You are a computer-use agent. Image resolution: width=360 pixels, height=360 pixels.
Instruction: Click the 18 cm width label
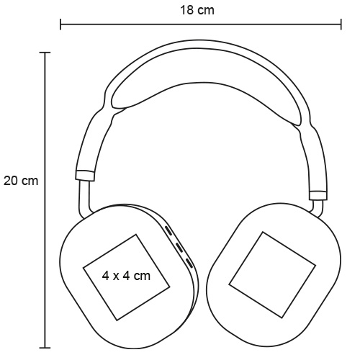click(x=197, y=10)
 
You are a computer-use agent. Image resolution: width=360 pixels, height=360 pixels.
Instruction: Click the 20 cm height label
click(x=21, y=181)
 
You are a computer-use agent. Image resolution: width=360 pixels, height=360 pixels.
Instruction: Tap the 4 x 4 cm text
click(x=126, y=276)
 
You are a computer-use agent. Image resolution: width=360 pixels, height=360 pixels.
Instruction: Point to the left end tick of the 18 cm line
click(x=60, y=24)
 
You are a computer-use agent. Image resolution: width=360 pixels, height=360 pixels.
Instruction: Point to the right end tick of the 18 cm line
click(x=341, y=24)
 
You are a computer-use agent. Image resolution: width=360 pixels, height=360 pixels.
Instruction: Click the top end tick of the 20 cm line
click(x=45, y=52)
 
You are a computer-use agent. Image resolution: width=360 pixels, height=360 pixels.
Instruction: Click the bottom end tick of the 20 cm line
click(x=45, y=347)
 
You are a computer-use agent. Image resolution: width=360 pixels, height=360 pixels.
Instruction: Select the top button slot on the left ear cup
click(x=168, y=230)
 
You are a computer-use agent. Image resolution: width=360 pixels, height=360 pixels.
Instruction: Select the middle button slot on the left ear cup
click(x=179, y=248)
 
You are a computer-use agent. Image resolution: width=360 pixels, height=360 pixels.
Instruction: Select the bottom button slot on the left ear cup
click(x=189, y=263)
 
